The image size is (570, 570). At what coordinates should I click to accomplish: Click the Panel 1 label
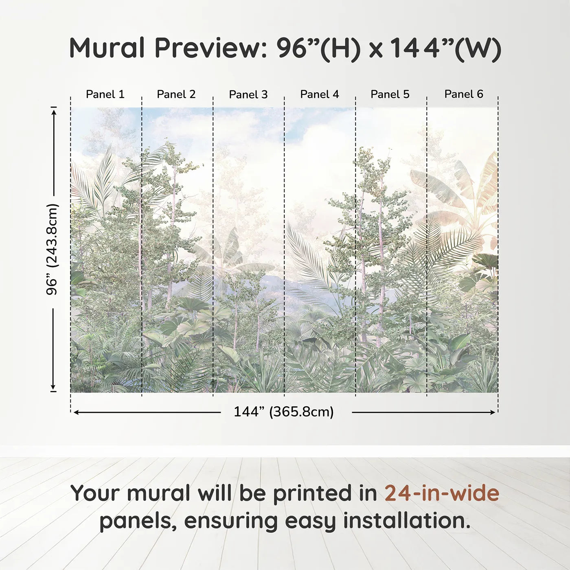[x=105, y=94]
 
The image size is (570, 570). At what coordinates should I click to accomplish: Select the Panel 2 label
[x=176, y=94]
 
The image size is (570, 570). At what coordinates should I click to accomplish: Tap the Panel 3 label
[x=248, y=94]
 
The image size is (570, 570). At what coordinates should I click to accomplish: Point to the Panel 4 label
[x=319, y=94]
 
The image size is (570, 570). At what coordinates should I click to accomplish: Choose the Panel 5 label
[x=390, y=94]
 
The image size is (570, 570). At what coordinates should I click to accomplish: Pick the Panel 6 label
[x=463, y=94]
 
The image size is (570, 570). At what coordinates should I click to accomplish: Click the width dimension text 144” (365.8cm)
[x=283, y=412]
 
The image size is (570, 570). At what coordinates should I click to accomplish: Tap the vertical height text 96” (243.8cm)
[x=52, y=249]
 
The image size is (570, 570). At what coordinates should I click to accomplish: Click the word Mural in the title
[x=107, y=48]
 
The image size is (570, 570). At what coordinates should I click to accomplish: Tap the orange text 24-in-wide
[x=442, y=493]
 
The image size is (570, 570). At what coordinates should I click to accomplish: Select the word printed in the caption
[x=313, y=494]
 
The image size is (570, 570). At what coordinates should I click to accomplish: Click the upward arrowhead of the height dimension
[x=53, y=111]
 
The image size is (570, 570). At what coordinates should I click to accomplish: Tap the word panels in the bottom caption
[x=138, y=522]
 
